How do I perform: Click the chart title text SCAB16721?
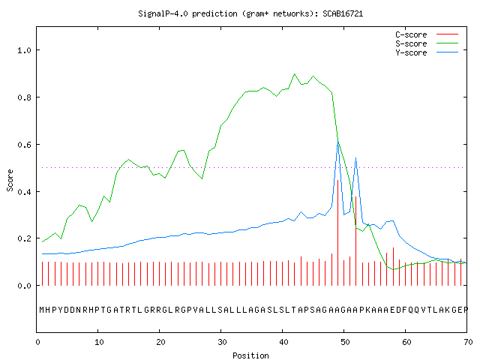(343, 13)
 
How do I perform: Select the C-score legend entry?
(427, 34)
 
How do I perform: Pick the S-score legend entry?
(427, 43)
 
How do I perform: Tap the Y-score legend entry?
(427, 52)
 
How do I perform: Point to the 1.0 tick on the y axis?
(24, 50)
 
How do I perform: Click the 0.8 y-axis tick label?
(24, 97)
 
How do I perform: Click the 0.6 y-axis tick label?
(24, 145)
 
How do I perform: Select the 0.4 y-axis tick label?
(24, 192)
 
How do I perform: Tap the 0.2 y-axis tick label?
(24, 238)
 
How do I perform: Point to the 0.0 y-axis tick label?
(24, 286)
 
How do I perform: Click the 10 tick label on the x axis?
(99, 342)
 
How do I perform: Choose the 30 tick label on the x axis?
(222, 342)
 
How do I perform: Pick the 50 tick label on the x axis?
(345, 342)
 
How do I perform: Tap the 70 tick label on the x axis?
(468, 342)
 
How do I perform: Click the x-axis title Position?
(250, 355)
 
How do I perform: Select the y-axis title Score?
(10, 180)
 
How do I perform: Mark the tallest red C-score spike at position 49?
(337, 232)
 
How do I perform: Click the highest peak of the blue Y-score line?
(338, 142)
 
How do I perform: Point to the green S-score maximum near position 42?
(295, 74)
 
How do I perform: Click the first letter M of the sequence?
(42, 310)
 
